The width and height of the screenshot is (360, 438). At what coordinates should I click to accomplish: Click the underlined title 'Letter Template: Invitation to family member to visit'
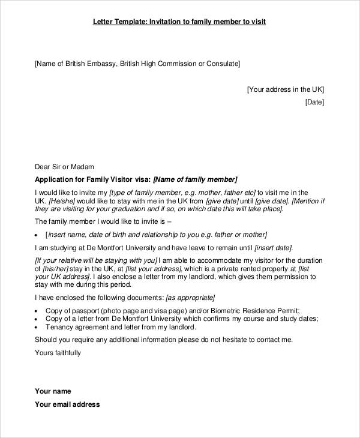click(179, 22)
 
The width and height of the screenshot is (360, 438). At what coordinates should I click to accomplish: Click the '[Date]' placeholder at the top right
click(314, 102)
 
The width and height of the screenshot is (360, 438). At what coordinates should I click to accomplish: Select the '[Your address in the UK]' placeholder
click(285, 89)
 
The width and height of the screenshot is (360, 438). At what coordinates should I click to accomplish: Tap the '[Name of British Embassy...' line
click(137, 63)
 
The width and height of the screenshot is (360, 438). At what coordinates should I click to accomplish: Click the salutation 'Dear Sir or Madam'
click(64, 167)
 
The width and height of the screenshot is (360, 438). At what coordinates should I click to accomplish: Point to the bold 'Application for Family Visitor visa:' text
click(93, 179)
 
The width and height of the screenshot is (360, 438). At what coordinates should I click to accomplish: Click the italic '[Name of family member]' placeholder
click(196, 179)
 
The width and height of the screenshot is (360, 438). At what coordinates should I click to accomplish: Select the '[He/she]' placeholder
click(62, 201)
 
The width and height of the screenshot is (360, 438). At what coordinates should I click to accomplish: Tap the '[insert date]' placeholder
click(273, 247)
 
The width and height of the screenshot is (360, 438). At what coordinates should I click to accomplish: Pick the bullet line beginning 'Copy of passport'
click(172, 311)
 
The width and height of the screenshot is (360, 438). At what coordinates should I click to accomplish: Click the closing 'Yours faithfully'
click(58, 353)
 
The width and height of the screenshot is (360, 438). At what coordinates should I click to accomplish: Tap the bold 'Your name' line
click(53, 391)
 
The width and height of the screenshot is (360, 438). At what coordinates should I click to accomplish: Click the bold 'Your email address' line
click(67, 404)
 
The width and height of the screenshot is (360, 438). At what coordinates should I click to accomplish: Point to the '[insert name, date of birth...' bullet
click(157, 235)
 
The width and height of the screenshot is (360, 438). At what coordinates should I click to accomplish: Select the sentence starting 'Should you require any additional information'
click(164, 340)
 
